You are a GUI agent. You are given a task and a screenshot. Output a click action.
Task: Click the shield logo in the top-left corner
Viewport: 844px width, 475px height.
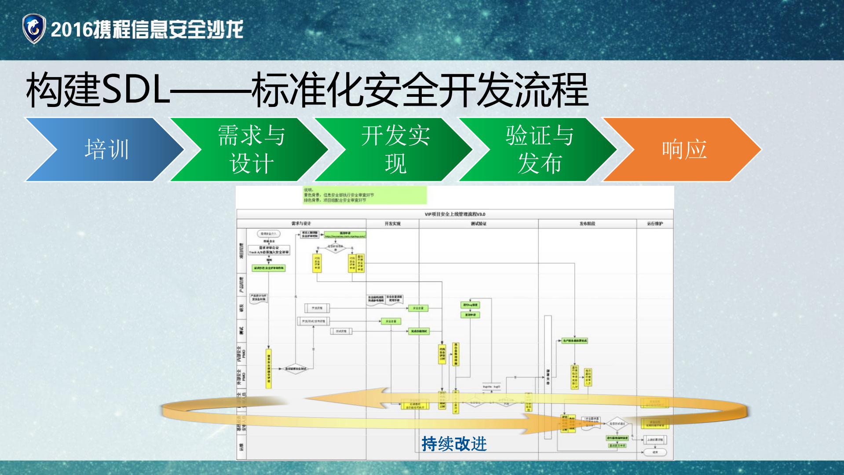click(x=34, y=29)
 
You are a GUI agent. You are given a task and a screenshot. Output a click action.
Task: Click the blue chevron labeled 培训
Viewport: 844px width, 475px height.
click(x=106, y=150)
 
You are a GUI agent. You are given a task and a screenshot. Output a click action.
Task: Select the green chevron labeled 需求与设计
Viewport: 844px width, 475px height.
click(x=251, y=150)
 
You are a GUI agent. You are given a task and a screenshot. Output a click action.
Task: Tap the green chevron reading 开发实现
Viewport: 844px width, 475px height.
click(x=395, y=150)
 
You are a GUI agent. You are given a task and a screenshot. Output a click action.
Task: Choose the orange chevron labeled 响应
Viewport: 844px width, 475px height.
click(x=683, y=150)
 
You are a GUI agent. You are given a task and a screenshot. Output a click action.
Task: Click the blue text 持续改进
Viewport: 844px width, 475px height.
click(x=454, y=444)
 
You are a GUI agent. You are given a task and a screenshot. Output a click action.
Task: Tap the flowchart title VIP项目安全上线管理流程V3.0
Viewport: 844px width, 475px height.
click(x=455, y=214)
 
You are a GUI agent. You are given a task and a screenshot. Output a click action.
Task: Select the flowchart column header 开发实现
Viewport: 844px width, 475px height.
click(x=392, y=224)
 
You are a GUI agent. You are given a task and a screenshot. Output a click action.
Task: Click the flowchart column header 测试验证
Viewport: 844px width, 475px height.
click(x=479, y=224)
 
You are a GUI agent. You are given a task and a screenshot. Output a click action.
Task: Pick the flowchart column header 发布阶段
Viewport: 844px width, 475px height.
click(x=587, y=224)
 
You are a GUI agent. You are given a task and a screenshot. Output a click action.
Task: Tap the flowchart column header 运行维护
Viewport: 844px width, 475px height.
click(x=655, y=224)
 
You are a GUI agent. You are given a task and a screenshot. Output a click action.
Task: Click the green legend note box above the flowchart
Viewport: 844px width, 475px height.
click(x=364, y=195)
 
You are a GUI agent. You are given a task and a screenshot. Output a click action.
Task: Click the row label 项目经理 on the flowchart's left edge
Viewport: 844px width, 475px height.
click(x=241, y=250)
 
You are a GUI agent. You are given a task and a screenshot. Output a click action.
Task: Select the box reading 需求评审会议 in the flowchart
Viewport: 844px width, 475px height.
click(x=269, y=250)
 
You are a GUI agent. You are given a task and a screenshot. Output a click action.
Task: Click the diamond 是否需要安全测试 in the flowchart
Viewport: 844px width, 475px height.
click(x=296, y=369)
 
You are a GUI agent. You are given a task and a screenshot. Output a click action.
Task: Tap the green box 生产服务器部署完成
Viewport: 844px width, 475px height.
click(x=574, y=341)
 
